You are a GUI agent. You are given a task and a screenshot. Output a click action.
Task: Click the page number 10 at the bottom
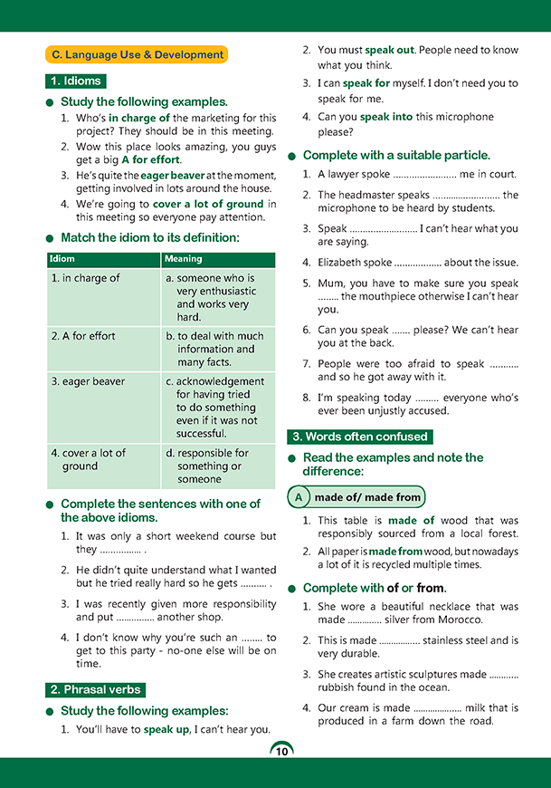(280, 751)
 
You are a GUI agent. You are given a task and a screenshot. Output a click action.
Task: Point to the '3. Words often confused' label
(359, 437)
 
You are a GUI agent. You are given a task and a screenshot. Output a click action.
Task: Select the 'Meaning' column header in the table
(184, 259)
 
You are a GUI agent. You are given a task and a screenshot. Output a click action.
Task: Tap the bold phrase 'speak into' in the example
(388, 117)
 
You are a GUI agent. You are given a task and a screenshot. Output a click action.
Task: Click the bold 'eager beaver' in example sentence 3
(172, 176)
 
